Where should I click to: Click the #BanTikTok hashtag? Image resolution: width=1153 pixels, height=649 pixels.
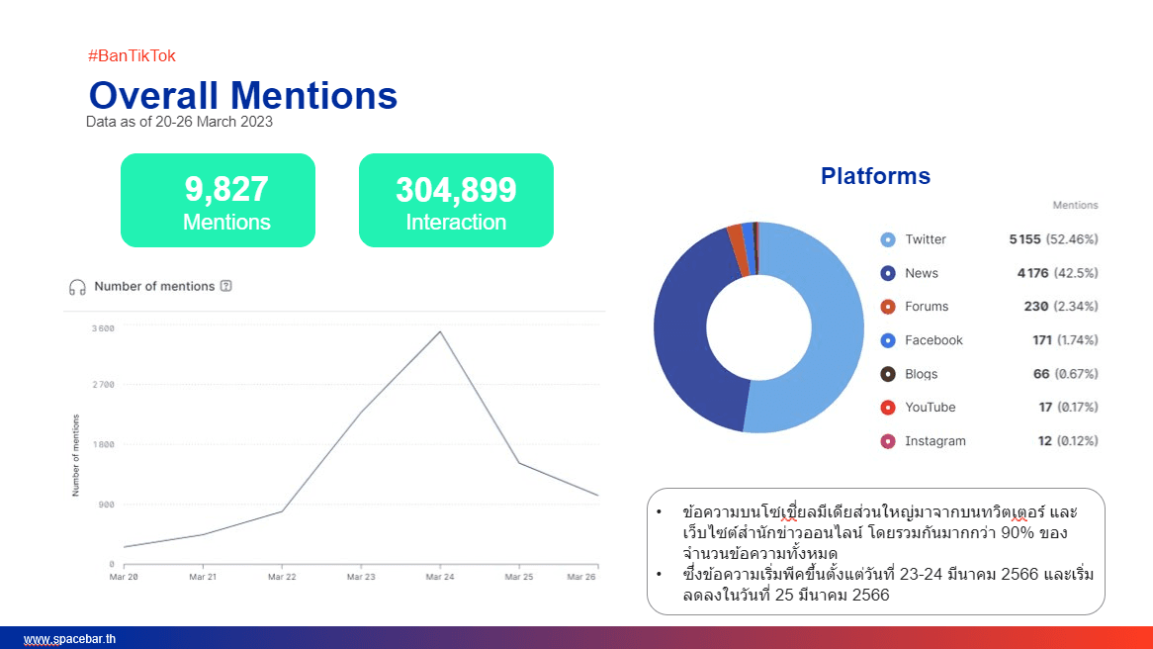pos(132,56)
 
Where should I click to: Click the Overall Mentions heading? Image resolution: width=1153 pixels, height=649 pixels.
pos(242,96)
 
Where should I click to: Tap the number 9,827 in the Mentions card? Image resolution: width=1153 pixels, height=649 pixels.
pos(226,189)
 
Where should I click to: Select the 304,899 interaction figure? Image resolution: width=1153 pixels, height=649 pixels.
pos(456,190)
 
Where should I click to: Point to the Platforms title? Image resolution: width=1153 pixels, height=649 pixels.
pos(875,176)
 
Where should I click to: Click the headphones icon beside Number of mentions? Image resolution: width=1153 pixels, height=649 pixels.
pos(77,287)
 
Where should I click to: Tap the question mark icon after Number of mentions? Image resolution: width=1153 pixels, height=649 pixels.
pos(225,286)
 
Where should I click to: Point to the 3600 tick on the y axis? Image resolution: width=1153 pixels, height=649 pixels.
pos(103,328)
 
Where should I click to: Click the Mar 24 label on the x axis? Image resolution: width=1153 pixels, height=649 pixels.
pos(440,577)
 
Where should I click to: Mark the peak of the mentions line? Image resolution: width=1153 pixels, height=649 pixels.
pos(440,331)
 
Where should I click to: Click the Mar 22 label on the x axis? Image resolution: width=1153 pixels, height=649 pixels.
pos(282,577)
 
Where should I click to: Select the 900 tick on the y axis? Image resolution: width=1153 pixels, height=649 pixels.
pos(107,505)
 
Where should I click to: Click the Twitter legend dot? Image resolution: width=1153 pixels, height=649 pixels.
pos(888,239)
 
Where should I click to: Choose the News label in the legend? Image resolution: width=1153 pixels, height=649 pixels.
pos(922,273)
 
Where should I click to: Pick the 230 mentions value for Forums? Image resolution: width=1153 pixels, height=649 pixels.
pos(1036,306)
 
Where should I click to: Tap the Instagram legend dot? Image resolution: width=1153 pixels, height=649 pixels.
pos(888,441)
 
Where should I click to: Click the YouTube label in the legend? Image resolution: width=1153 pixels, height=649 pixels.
pos(931,407)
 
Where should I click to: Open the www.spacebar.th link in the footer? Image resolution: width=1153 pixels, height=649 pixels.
pos(69,639)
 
